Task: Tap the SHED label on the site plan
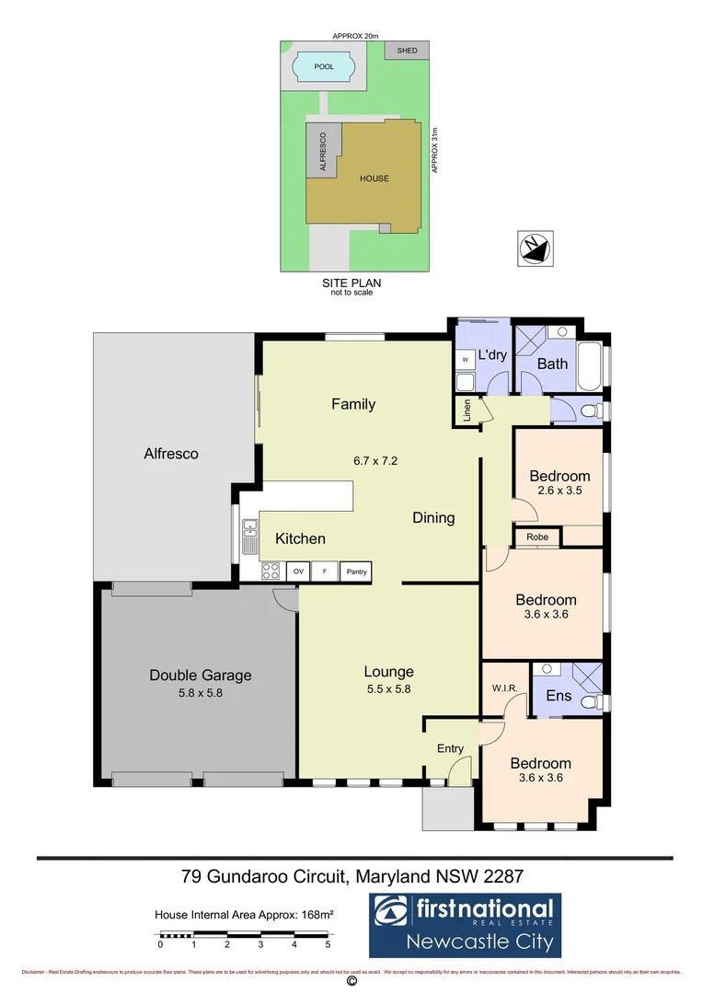(x=405, y=51)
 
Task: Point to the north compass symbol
(x=533, y=248)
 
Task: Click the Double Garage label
(x=200, y=676)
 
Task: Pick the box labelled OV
(x=298, y=572)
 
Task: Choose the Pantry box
(x=356, y=572)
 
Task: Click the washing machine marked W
(x=465, y=359)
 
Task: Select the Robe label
(x=537, y=537)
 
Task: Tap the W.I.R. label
(x=503, y=688)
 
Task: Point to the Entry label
(x=450, y=748)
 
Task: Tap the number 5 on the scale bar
(x=328, y=944)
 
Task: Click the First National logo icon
(x=392, y=913)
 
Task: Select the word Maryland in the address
(x=389, y=876)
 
